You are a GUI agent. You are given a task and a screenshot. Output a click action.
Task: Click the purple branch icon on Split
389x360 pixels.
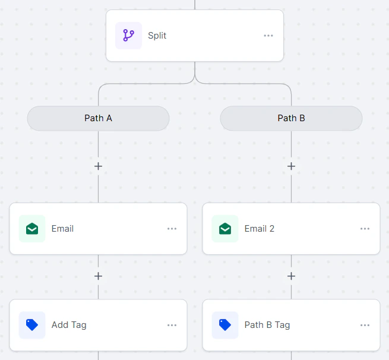pyautogui.click(x=128, y=36)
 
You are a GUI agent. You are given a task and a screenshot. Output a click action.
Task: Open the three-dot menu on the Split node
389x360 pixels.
pyautogui.click(x=268, y=36)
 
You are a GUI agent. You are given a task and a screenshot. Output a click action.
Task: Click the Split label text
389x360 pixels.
pyautogui.click(x=157, y=36)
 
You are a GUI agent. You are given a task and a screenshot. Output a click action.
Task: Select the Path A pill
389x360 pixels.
pyautogui.click(x=98, y=118)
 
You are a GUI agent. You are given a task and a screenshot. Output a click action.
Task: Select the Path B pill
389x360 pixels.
pyautogui.click(x=291, y=118)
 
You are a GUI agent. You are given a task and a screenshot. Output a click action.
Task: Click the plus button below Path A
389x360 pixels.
pyautogui.click(x=98, y=166)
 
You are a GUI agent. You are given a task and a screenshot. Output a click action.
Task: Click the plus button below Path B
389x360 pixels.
pyautogui.click(x=291, y=166)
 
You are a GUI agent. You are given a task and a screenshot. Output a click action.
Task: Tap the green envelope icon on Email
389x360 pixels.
pyautogui.click(x=32, y=229)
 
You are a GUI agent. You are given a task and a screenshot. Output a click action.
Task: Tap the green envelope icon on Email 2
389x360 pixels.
pyautogui.click(x=225, y=229)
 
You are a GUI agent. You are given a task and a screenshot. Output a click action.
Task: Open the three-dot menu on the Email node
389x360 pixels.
pyautogui.click(x=172, y=229)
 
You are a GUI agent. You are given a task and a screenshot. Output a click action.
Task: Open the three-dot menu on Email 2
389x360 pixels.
pyautogui.click(x=365, y=229)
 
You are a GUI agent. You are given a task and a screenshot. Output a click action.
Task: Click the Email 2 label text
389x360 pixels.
pyautogui.click(x=260, y=229)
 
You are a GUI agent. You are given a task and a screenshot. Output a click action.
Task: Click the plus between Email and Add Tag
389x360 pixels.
pyautogui.click(x=98, y=276)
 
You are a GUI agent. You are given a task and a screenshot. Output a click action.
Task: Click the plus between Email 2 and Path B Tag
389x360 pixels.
pyautogui.click(x=291, y=276)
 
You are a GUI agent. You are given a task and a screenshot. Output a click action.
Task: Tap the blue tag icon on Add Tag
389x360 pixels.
pyautogui.click(x=32, y=325)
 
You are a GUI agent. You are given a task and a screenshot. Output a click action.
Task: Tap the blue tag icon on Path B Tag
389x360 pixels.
pyautogui.click(x=225, y=325)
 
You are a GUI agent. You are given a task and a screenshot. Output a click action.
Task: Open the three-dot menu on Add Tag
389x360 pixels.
pyautogui.click(x=172, y=325)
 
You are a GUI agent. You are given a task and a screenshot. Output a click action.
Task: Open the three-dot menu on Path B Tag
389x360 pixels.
pyautogui.click(x=365, y=325)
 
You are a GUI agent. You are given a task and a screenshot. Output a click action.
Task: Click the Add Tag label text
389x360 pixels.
pyautogui.click(x=69, y=325)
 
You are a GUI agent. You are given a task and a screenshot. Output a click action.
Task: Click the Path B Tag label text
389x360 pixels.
pyautogui.click(x=267, y=325)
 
